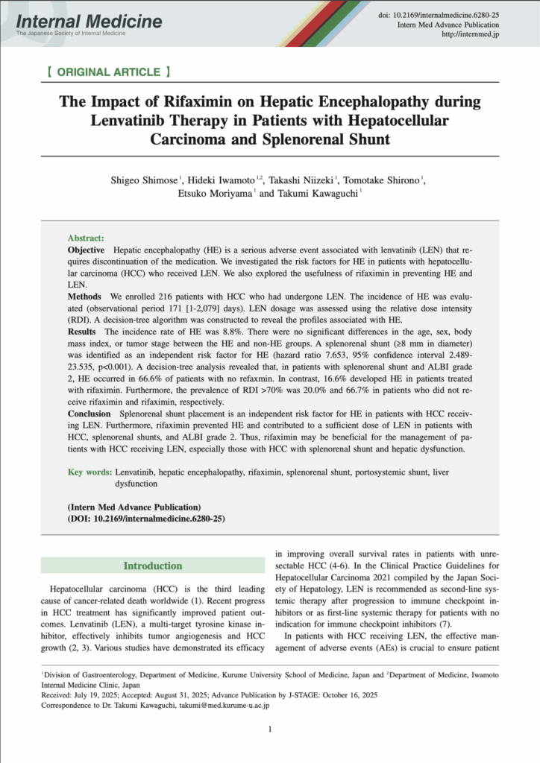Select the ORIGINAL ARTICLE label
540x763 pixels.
[108, 72]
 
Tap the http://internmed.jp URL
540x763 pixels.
[471, 34]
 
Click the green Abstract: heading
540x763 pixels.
[86, 236]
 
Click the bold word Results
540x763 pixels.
[81, 331]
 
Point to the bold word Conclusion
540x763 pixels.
[90, 413]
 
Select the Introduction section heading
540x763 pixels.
[152, 566]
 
